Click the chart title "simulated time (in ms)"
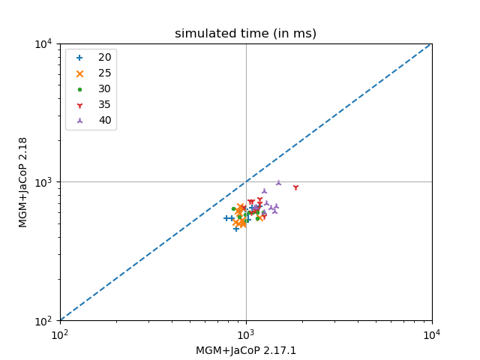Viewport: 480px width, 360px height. (245, 34)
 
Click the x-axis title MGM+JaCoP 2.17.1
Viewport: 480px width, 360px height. (245, 350)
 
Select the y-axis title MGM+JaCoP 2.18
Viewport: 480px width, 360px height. (23, 181)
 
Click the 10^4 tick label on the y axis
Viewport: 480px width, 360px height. (42, 43)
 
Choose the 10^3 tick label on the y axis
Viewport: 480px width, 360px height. (42, 182)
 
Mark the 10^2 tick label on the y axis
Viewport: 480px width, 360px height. (42, 320)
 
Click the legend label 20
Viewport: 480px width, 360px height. (105, 58)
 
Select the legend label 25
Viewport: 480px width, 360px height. (105, 73)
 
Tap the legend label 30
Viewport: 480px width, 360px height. (105, 89)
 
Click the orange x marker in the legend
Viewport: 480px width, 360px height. (80, 73)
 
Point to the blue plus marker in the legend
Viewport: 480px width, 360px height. (80, 58)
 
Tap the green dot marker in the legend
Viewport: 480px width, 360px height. (80, 89)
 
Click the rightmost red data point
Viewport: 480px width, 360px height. (295, 187)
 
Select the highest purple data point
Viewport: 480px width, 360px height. (278, 182)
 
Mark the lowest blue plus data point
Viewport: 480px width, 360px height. (236, 228)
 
